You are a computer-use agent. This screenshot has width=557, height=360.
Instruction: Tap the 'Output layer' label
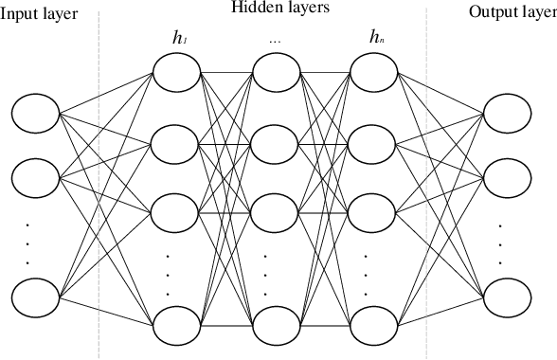point(512,14)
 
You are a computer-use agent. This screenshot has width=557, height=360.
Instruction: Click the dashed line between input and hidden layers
point(99,189)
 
